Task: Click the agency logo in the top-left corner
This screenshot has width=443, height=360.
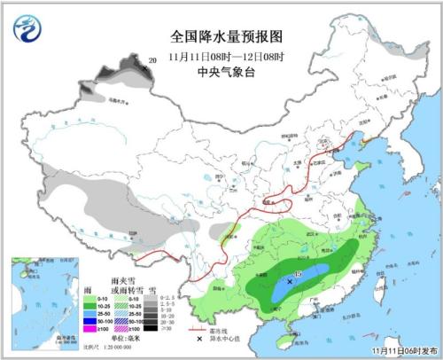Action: coord(27,29)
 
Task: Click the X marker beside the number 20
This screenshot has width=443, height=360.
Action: coord(143,64)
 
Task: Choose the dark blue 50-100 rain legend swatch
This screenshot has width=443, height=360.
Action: coord(90,320)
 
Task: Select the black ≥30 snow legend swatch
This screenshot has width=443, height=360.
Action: coord(153,328)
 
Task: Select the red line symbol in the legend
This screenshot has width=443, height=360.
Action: coord(200,330)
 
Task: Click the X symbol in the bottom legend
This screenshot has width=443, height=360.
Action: coord(200,341)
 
